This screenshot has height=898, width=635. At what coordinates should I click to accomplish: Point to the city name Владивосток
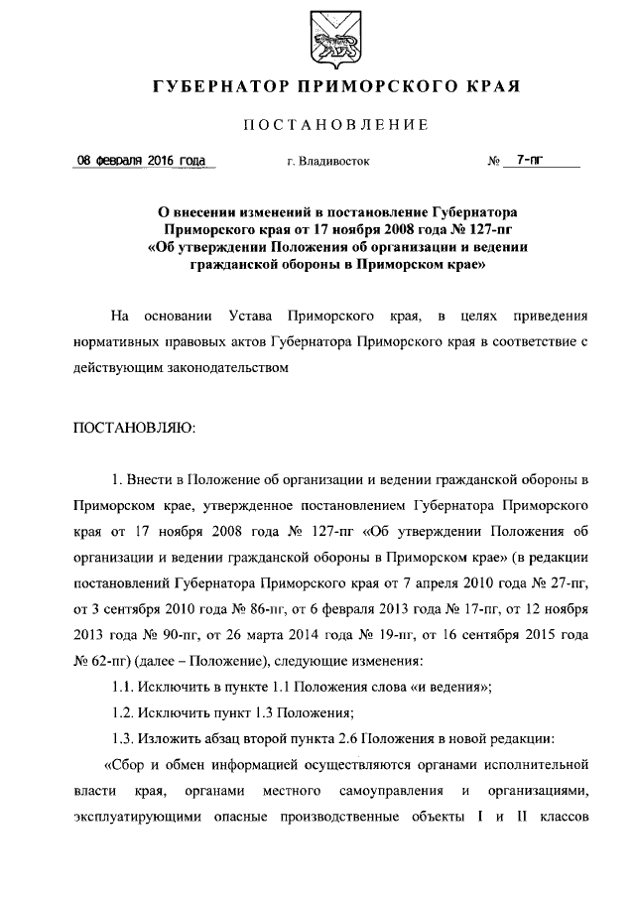333,163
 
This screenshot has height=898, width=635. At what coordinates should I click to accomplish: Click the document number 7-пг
530,161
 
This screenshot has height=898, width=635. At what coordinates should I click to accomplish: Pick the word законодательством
227,368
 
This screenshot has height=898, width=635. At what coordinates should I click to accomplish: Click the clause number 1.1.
123,687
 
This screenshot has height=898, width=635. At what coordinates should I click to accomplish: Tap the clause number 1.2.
123,712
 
